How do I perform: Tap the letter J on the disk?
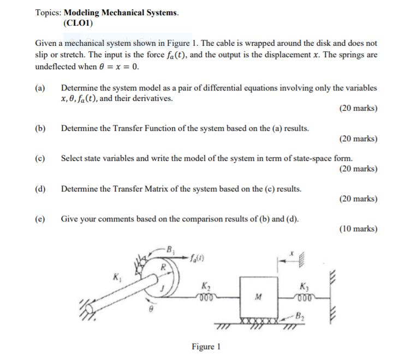[x=162, y=285]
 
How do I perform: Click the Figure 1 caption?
[x=205, y=347]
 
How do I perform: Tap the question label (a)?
[x=40, y=88]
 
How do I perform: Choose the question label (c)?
[x=40, y=158]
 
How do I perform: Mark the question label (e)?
[x=40, y=219]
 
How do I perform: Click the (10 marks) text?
[x=358, y=229]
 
